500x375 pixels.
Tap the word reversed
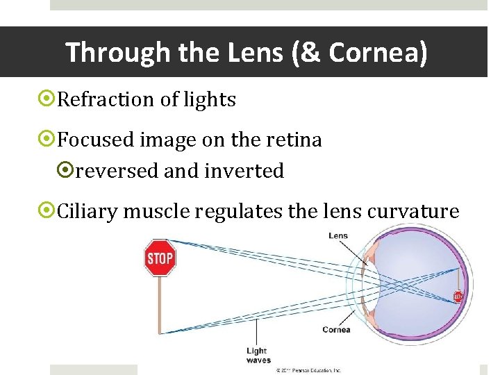[117, 171]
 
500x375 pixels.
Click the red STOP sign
[160, 258]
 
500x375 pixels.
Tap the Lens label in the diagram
[338, 236]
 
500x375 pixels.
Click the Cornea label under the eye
[336, 330]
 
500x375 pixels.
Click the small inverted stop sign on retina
[458, 297]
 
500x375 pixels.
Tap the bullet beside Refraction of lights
[48, 100]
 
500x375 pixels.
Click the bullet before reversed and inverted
[67, 171]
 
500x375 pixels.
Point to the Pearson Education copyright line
[308, 371]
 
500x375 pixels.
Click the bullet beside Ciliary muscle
[48, 211]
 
